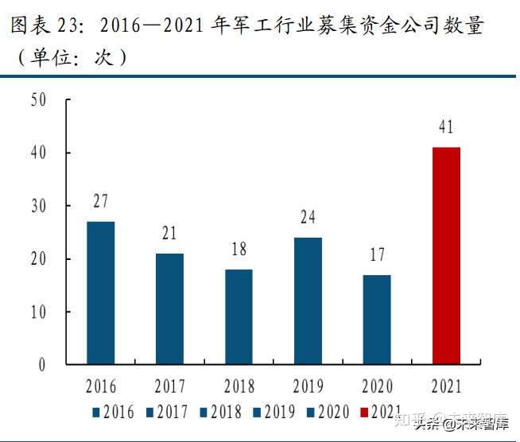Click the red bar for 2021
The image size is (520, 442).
point(446,256)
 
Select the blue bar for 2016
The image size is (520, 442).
point(101,293)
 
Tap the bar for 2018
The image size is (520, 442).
point(239,316)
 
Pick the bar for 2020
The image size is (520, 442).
point(377,320)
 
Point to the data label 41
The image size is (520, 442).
point(446,126)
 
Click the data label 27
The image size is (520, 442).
point(100,201)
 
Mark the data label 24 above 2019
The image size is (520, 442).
point(308,217)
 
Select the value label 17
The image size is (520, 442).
point(377,254)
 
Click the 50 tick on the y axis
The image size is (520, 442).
point(38,99)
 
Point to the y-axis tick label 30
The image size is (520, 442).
point(38,206)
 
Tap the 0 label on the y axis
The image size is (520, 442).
point(42,365)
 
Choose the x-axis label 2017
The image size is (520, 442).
point(170,386)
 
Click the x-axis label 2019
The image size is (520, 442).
point(308,386)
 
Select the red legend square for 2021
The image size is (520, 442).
point(364,413)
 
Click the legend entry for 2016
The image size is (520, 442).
point(114,412)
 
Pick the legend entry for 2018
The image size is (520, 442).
point(221,412)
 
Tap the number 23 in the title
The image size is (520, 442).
point(65,25)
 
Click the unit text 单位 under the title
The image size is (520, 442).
point(51,57)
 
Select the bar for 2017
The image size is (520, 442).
point(170,308)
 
